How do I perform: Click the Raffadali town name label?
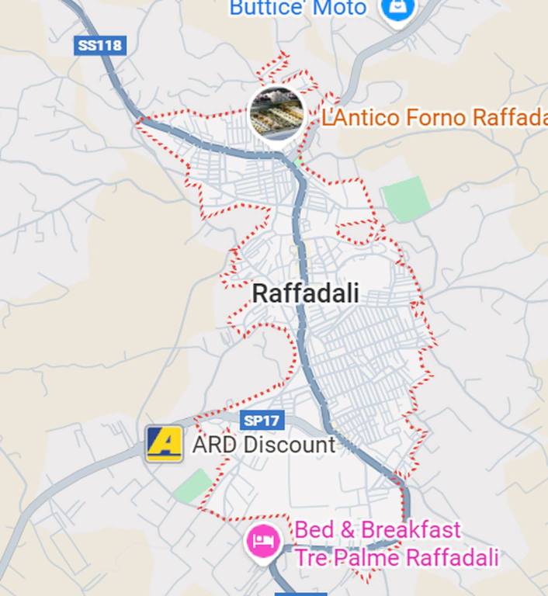[306, 294]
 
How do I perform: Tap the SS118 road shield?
[100, 45]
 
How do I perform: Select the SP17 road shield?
[262, 421]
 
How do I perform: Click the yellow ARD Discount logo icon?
[165, 444]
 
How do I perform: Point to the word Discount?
[289, 445]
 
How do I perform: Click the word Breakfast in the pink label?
[411, 531]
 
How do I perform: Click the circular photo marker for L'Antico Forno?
[276, 114]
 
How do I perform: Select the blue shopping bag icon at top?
[398, 9]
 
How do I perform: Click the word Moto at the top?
[338, 9]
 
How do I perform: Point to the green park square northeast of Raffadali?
[406, 199]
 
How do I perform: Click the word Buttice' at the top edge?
[265, 9]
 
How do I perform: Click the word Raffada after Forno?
[508, 118]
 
